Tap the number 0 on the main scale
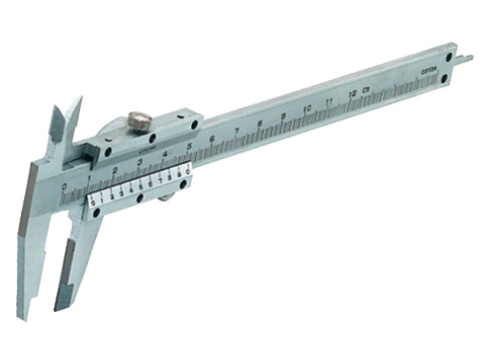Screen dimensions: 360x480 tap(64, 187)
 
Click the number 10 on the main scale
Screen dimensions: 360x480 tap(307, 108)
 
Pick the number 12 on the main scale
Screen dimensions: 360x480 tap(351, 94)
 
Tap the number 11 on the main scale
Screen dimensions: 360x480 tap(329, 101)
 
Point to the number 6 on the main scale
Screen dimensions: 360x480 tap(213, 138)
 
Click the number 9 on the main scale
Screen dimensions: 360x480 tap(284, 116)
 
